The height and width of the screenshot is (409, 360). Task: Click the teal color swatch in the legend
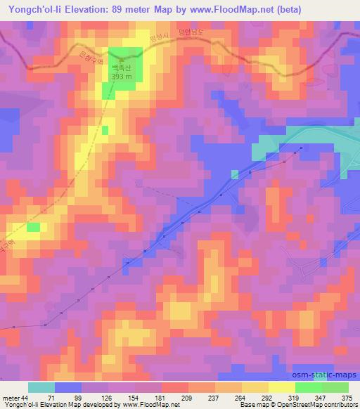[41, 387]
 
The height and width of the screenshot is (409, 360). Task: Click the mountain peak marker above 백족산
[123, 61]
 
